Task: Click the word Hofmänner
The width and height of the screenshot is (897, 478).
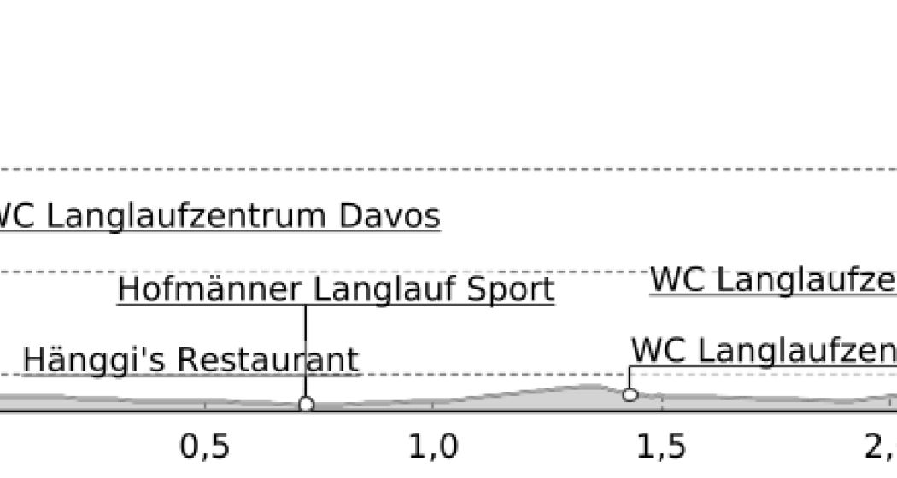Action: pyautogui.click(x=208, y=289)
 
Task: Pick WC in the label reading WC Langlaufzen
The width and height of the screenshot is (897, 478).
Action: pyautogui.click(x=658, y=350)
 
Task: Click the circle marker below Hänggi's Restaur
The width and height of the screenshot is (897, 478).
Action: pyautogui.click(x=306, y=405)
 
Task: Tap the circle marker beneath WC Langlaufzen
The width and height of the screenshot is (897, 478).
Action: pyautogui.click(x=630, y=394)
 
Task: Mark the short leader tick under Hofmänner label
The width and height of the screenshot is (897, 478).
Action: pyautogui.click(x=306, y=312)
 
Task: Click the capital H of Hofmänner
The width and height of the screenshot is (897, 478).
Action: pyautogui.click(x=126, y=289)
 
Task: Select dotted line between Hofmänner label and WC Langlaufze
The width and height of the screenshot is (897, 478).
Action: pyautogui.click(x=572, y=271)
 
